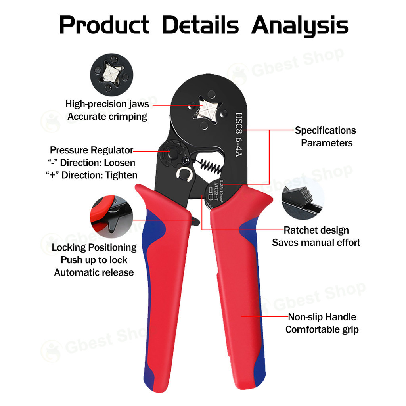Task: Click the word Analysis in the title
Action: [x=299, y=25]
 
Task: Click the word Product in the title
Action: [x=104, y=25]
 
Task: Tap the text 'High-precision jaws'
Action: [x=107, y=104]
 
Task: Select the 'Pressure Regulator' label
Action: [x=91, y=151]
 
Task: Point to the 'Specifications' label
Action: [x=325, y=130]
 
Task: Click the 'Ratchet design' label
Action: [x=316, y=230]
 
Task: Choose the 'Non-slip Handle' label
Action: [x=322, y=317]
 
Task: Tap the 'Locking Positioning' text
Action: [x=94, y=247]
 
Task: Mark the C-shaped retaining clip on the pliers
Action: [x=185, y=173]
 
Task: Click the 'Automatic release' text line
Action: [x=94, y=272]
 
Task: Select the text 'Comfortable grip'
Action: [x=322, y=329]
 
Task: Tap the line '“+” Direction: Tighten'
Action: [x=92, y=175]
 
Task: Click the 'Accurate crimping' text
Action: [x=107, y=117]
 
